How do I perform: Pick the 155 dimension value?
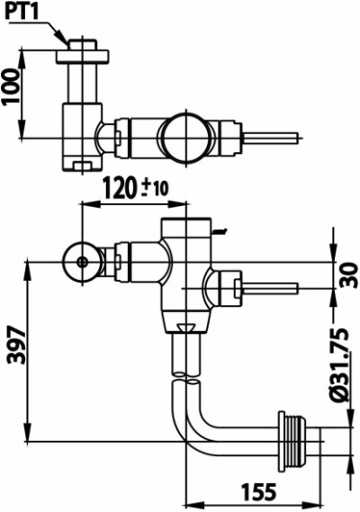click(256, 493)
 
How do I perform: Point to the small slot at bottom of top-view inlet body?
click(84, 164)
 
